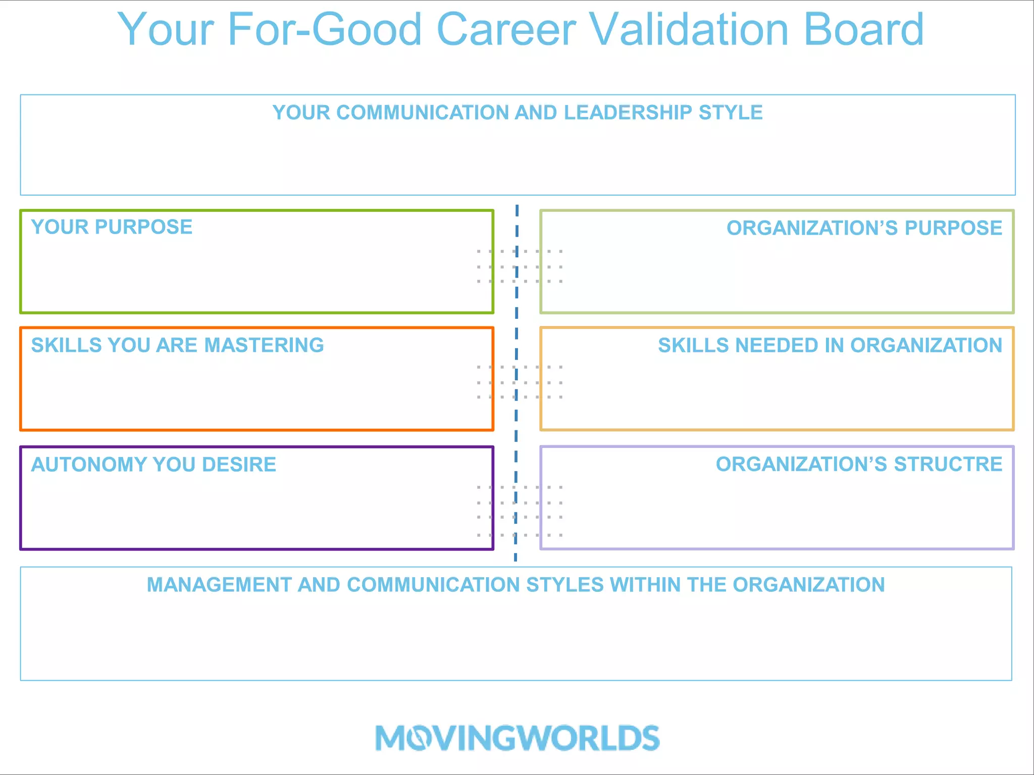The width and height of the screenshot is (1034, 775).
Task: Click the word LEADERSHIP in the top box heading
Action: point(628,113)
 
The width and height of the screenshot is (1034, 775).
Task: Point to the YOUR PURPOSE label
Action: point(112,227)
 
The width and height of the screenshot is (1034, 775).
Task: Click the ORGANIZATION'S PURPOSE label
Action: point(864,228)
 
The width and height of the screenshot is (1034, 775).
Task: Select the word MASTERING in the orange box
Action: point(264,345)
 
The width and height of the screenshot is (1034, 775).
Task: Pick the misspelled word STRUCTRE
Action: point(948,464)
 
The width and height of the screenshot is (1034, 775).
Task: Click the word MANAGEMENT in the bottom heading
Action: point(219,585)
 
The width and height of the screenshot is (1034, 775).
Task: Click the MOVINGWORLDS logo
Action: point(517,738)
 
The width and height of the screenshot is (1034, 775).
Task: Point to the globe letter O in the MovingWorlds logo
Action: point(419,739)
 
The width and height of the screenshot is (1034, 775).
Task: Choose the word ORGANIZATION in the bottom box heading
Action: point(809,585)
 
